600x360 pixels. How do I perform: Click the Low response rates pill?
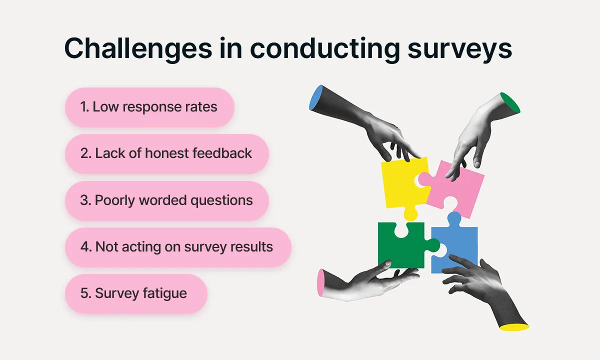(x=149, y=107)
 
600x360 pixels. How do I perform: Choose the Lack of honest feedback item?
(x=167, y=153)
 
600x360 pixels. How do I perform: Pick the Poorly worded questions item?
(x=167, y=200)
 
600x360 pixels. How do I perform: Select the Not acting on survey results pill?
(x=178, y=247)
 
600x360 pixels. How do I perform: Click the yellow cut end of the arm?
(x=515, y=327)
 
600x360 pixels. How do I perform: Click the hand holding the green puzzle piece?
(x=370, y=280)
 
